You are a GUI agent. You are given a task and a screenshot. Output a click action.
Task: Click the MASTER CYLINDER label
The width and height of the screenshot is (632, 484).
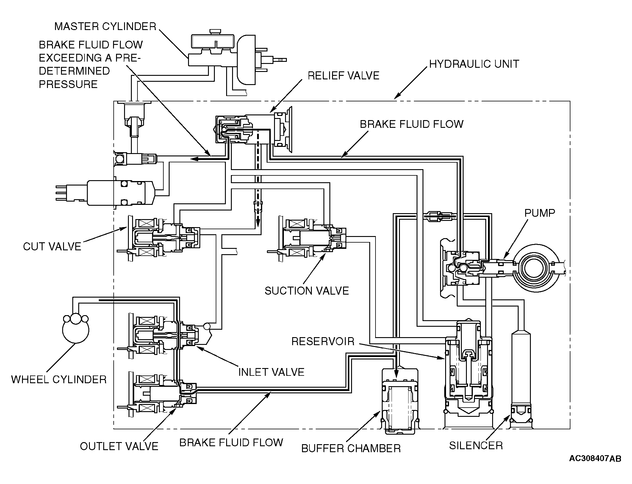click(x=105, y=26)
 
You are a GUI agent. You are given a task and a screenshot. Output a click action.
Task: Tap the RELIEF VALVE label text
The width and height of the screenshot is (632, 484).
click(x=343, y=76)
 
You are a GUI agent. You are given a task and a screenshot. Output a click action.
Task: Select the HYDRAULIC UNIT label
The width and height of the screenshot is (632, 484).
click(x=474, y=64)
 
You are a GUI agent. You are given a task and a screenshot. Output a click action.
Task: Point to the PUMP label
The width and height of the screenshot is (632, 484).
click(x=540, y=213)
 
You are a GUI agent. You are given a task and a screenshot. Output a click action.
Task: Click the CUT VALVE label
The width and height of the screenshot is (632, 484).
click(x=52, y=246)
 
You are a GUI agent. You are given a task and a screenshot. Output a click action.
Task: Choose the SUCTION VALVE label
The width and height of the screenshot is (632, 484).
click(x=307, y=291)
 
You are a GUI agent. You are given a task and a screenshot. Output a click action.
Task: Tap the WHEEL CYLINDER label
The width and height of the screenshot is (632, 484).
click(x=59, y=380)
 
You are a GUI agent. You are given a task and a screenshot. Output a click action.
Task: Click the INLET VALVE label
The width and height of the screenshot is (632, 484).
click(x=271, y=372)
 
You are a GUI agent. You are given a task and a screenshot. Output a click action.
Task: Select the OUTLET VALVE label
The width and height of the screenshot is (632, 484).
click(x=119, y=446)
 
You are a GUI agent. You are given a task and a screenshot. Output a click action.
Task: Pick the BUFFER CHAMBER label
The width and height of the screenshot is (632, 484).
click(x=351, y=448)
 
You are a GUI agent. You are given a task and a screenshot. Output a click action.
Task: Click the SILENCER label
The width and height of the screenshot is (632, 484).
click(x=476, y=445)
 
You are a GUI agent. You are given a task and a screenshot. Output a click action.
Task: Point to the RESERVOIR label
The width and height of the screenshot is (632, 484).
click(x=323, y=341)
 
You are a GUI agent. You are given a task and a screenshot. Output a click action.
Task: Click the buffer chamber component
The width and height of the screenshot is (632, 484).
click(x=400, y=401)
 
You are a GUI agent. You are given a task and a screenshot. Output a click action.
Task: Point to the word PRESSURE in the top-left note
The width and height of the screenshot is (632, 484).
click(x=68, y=84)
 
